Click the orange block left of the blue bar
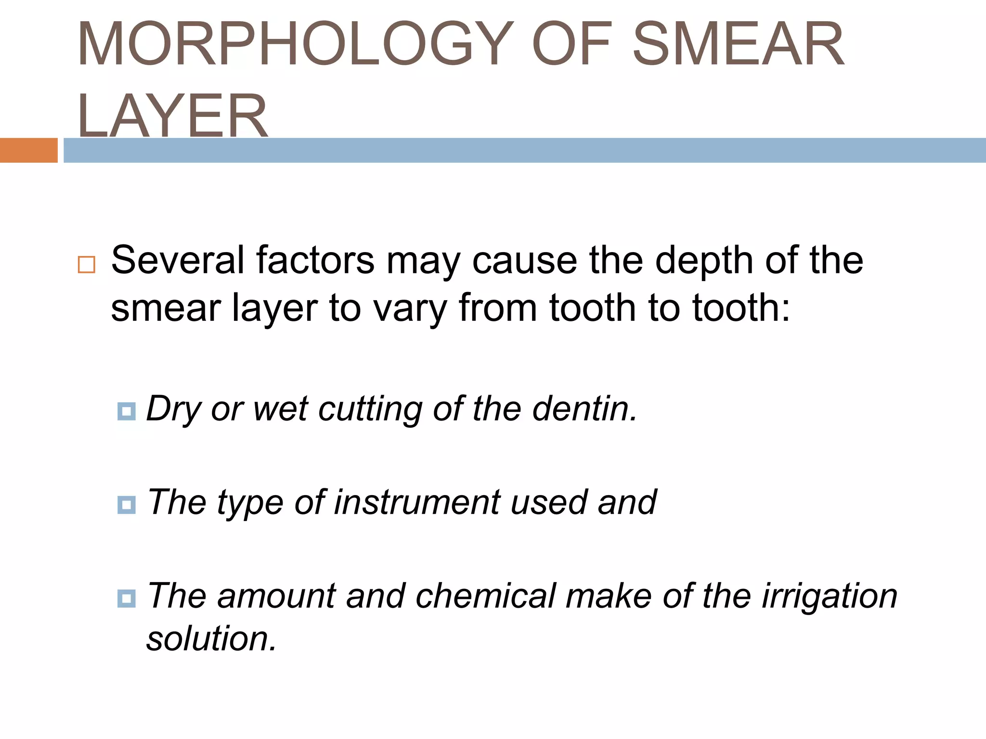(28, 150)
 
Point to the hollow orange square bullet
(87, 265)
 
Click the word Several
(178, 260)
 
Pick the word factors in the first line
(315, 260)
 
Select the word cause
(524, 261)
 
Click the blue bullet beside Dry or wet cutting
(126, 411)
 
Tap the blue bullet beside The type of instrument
(126, 505)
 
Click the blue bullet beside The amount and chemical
(126, 598)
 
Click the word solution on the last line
(211, 639)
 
